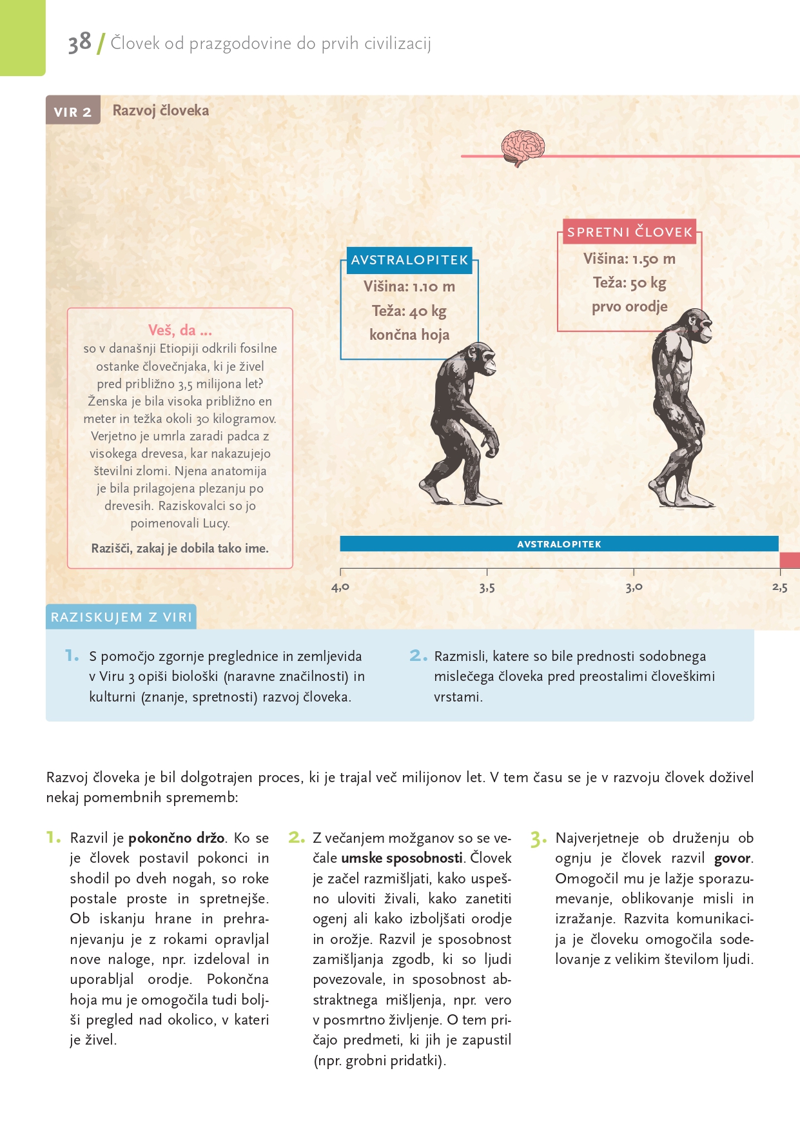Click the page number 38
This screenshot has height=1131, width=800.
[x=79, y=43]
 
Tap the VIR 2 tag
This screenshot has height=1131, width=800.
[x=73, y=112]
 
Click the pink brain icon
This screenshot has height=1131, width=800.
[x=523, y=148]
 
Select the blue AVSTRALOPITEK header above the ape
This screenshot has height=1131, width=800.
[x=409, y=260]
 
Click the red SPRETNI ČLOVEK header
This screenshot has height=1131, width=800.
[x=629, y=232]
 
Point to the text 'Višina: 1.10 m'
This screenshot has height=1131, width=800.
[x=409, y=286]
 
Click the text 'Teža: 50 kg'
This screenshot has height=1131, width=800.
[x=629, y=282]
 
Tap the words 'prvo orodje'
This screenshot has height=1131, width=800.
[x=629, y=306]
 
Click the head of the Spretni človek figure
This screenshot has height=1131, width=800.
[x=698, y=326]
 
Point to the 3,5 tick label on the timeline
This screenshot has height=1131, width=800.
[x=487, y=587]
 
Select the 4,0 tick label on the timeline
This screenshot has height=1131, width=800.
[x=340, y=587]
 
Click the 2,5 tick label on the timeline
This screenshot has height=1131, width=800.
[x=779, y=587]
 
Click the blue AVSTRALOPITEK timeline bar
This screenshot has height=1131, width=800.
[x=558, y=544]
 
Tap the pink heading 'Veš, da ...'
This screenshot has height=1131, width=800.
[x=180, y=330]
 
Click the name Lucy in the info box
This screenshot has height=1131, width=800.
[x=216, y=523]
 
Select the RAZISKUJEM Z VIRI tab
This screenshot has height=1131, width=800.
[x=121, y=617]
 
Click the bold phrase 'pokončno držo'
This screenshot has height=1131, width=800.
[x=176, y=838]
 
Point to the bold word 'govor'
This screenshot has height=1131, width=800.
[x=732, y=858]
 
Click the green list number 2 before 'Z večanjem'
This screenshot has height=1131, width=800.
[x=295, y=838]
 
